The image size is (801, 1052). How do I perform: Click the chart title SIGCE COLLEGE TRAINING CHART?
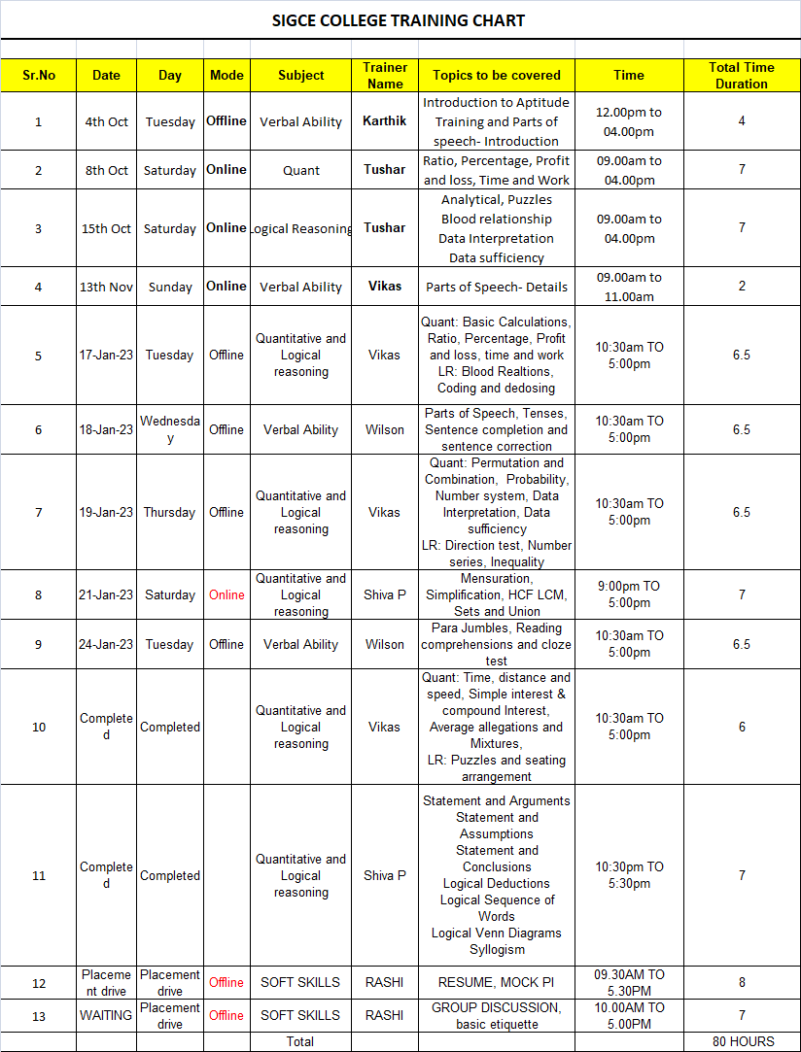pyautogui.click(x=399, y=20)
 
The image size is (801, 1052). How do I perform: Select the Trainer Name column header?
pyautogui.click(x=385, y=76)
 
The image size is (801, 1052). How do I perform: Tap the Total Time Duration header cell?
pyautogui.click(x=742, y=76)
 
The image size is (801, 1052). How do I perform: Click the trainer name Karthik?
pyautogui.click(x=385, y=121)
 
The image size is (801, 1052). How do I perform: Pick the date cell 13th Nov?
pyautogui.click(x=106, y=287)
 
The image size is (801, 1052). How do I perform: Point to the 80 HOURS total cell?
pyautogui.click(x=743, y=1041)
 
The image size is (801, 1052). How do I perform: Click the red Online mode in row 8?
pyautogui.click(x=226, y=594)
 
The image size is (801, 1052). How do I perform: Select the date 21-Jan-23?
pyautogui.click(x=106, y=594)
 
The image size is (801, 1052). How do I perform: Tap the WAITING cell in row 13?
pyautogui.click(x=106, y=1015)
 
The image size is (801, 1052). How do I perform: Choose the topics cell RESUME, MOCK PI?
pyautogui.click(x=496, y=982)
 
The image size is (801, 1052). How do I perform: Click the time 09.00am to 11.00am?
pyautogui.click(x=628, y=287)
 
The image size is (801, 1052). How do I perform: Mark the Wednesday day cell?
pyautogui.click(x=170, y=429)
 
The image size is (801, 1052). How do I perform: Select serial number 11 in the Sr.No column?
pyautogui.click(x=39, y=875)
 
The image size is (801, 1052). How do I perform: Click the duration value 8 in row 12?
pyautogui.click(x=742, y=982)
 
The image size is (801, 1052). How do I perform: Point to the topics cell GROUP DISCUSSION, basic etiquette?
pyautogui.click(x=496, y=1015)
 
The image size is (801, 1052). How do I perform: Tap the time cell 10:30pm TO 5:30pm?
pyautogui.click(x=628, y=875)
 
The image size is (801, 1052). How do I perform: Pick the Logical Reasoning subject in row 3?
pyautogui.click(x=301, y=228)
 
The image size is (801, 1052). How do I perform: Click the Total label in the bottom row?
pyautogui.click(x=300, y=1041)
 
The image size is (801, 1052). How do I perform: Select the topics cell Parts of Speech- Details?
pyautogui.click(x=496, y=287)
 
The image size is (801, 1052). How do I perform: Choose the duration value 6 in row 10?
pyautogui.click(x=742, y=727)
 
